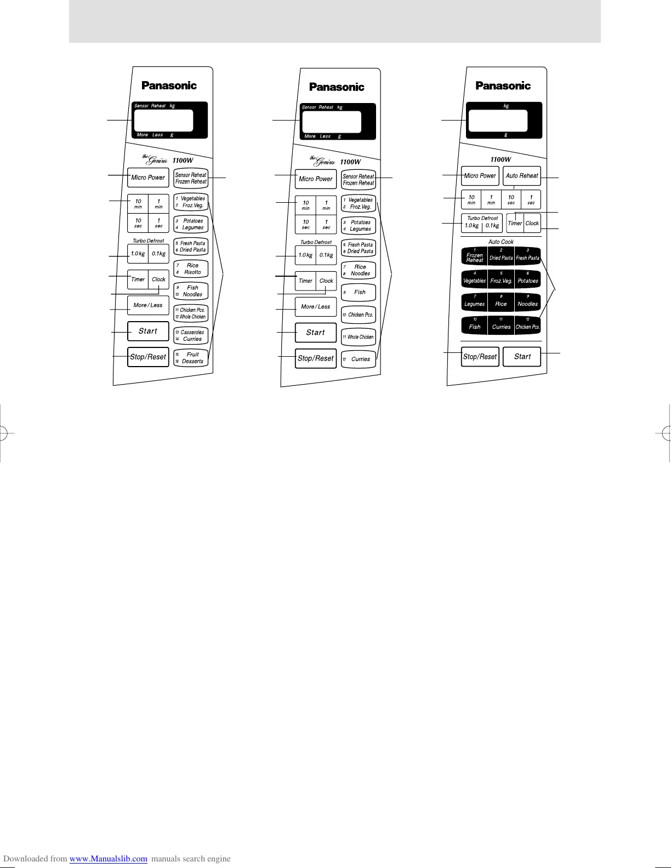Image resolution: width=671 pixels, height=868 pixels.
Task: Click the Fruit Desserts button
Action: pos(191,358)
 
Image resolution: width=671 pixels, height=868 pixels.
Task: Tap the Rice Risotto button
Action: pos(191,269)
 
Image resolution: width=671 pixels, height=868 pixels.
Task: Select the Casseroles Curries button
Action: pos(191,335)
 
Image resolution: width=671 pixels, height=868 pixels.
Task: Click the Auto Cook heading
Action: pos(501,242)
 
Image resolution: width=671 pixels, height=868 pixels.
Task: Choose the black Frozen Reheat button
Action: pos(475,256)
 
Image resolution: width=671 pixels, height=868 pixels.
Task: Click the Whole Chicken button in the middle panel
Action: pos(359,337)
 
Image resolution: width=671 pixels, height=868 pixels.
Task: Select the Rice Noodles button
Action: pos(359,270)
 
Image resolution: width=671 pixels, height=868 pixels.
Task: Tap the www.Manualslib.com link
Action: pos(109,859)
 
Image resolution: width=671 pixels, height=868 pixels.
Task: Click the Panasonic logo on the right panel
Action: pos(503,85)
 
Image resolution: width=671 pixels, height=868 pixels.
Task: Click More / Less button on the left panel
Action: pos(148,305)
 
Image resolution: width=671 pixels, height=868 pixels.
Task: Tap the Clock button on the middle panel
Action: pos(326,281)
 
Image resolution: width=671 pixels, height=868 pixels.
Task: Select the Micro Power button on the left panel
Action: pos(148,178)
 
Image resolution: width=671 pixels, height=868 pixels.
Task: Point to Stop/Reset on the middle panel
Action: pos(316,358)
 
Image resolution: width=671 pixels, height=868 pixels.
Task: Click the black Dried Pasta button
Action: pos(501,256)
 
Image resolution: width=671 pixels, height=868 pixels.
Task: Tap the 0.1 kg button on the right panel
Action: pos(492,225)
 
